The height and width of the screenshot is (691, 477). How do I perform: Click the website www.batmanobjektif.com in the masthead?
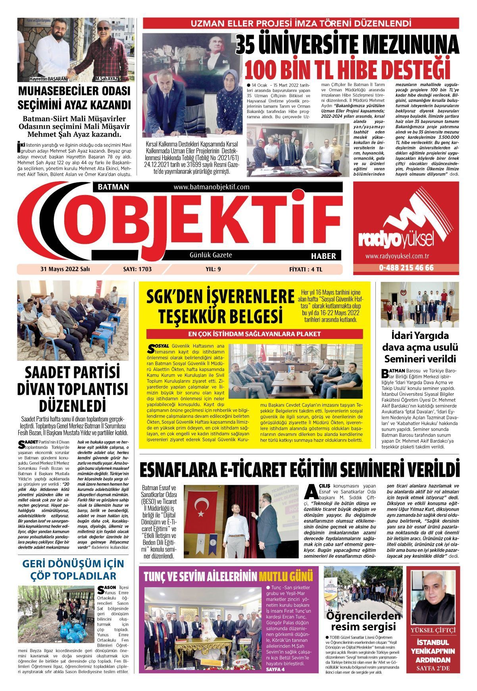coord(211,187)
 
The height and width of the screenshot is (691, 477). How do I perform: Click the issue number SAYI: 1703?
coord(138,269)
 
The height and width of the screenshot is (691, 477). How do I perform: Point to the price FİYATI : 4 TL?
coord(306,269)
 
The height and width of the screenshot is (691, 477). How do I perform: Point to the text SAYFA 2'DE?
coord(433,669)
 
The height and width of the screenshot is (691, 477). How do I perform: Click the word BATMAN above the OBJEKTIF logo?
coord(111,187)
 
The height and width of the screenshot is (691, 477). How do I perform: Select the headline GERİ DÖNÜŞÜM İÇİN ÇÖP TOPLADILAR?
coord(73,569)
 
